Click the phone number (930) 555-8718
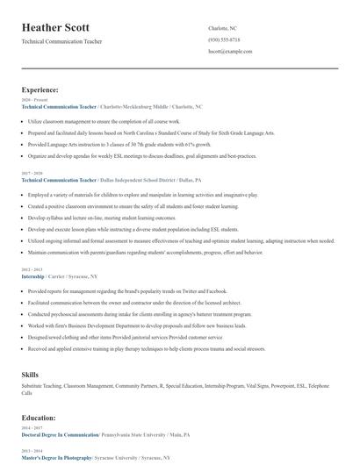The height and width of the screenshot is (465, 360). tap(224, 39)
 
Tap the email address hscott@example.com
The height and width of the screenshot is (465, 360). tap(230, 52)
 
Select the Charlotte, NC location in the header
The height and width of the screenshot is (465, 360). tap(222, 28)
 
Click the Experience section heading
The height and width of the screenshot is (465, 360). tap(40, 89)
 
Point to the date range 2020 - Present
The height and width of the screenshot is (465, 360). tap(32, 100)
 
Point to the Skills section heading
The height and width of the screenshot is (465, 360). tap(30, 375)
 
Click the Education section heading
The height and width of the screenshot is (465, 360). tap(39, 418)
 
